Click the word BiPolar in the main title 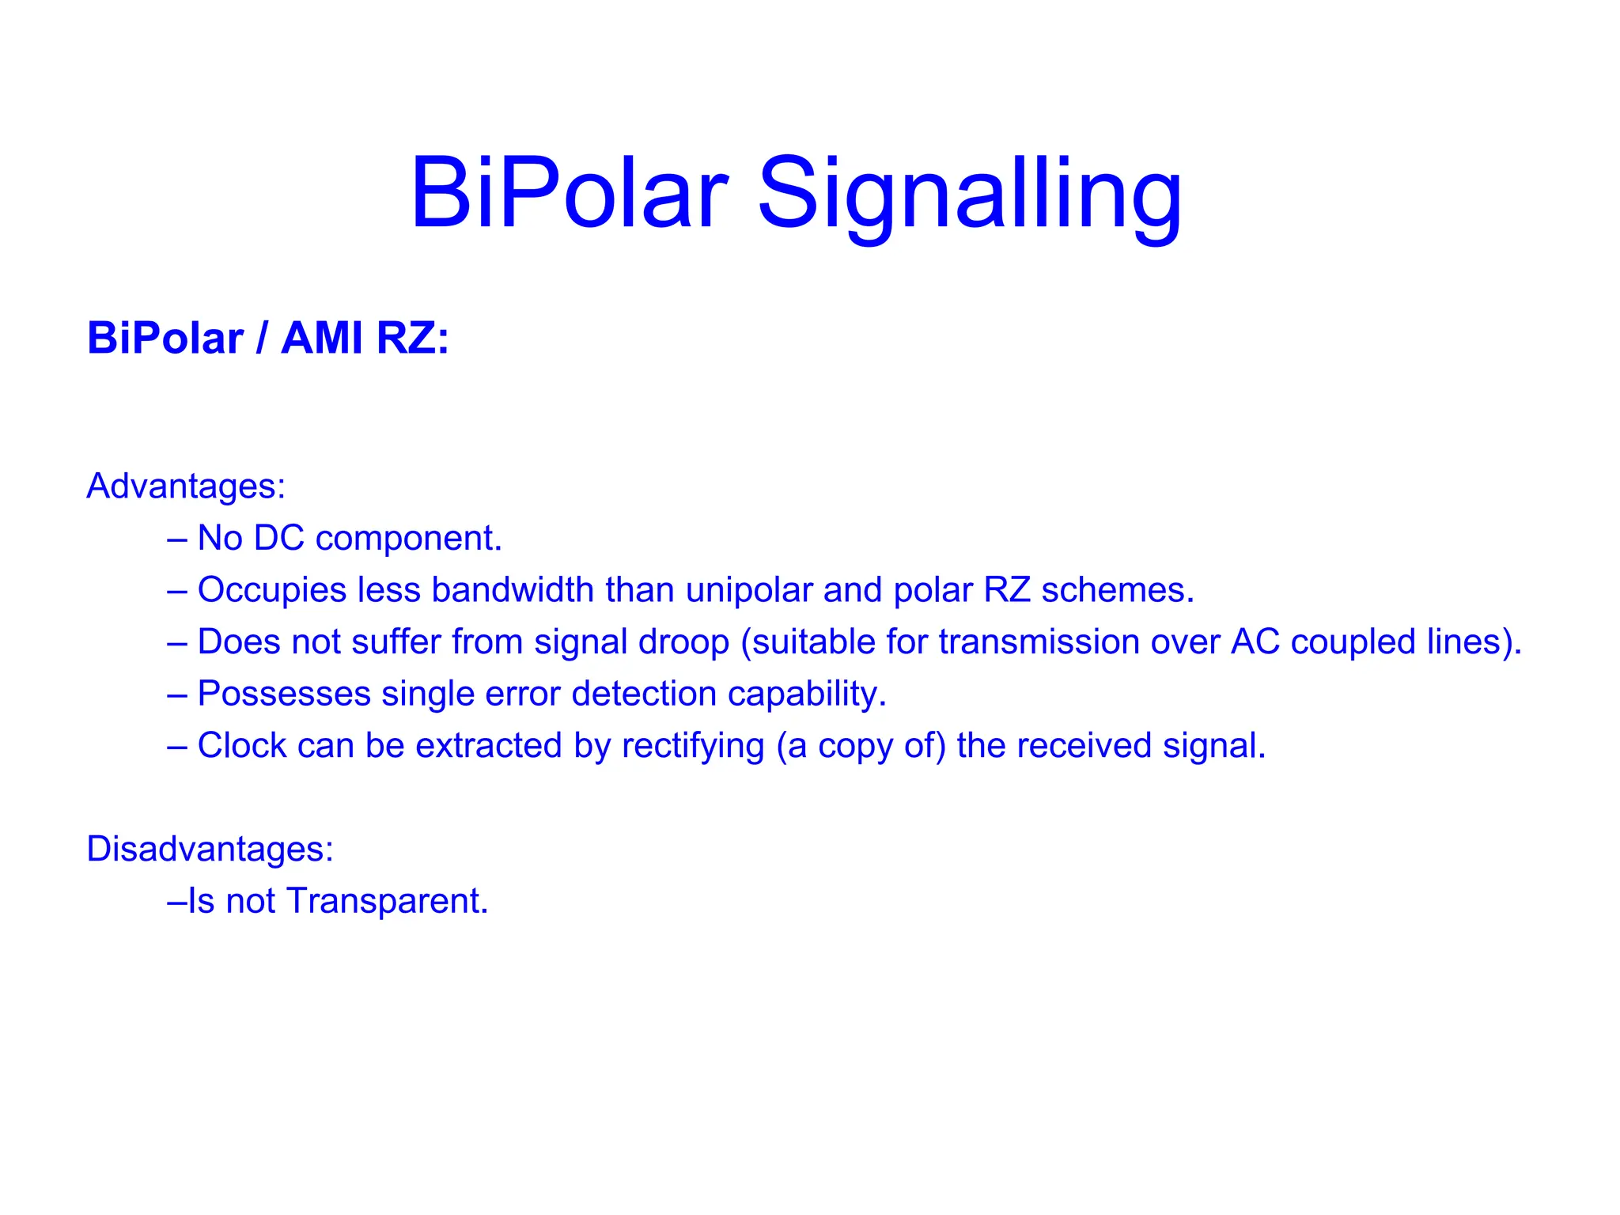569,194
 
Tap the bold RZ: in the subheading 412,339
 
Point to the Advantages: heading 186,486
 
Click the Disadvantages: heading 210,849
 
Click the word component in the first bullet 408,539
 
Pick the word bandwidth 513,590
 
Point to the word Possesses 284,694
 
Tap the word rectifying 693,747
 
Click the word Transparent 387,902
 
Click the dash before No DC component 177,539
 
